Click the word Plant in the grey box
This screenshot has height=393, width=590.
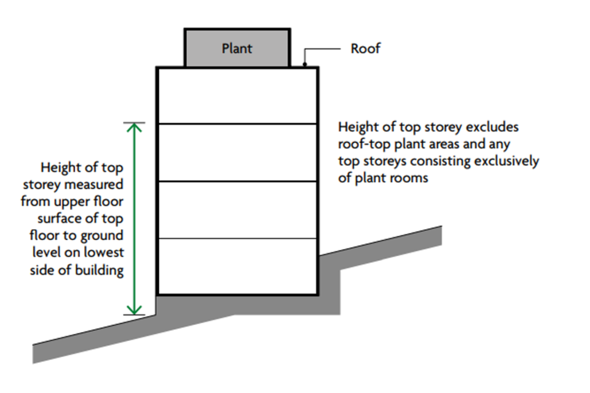pyautogui.click(x=237, y=48)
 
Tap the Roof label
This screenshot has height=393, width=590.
pyautogui.click(x=365, y=49)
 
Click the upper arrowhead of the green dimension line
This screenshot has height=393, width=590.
pyautogui.click(x=134, y=127)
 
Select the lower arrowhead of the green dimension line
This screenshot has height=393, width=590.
pyautogui.click(x=134, y=310)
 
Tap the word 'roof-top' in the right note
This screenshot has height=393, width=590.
pyautogui.click(x=363, y=145)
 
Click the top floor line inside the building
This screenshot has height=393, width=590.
pyautogui.click(x=237, y=124)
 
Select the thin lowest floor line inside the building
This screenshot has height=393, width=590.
pyautogui.click(x=237, y=238)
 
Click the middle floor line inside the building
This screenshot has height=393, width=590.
pyautogui.click(x=237, y=181)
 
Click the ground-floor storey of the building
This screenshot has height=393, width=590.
pyautogui.click(x=237, y=266)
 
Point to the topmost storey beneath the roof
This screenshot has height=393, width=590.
pyautogui.click(x=237, y=96)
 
